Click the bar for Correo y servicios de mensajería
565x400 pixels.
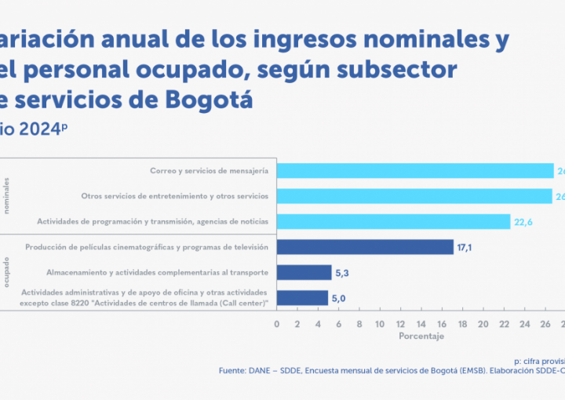[x=416, y=170]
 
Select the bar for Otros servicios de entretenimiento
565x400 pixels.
[x=416, y=195]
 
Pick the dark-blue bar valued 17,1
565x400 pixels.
[x=365, y=247]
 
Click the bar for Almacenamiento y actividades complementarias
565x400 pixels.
[x=304, y=272]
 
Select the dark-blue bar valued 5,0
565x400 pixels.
[x=302, y=298]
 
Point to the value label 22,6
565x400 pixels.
[x=523, y=222]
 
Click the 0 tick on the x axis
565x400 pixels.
[x=276, y=323]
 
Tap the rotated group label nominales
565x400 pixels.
[x=8, y=196]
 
